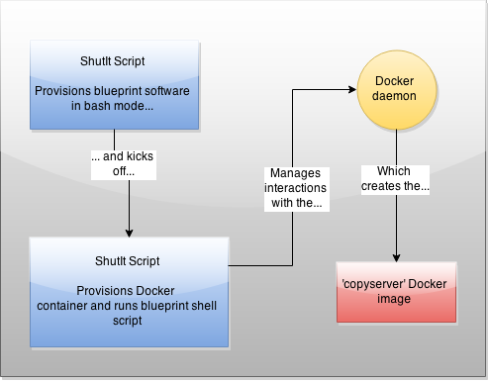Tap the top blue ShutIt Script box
pyautogui.click(x=130, y=84)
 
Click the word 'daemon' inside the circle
pyautogui.click(x=396, y=97)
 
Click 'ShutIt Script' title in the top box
pyautogui.click(x=130, y=59)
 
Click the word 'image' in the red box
pyautogui.click(x=396, y=300)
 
